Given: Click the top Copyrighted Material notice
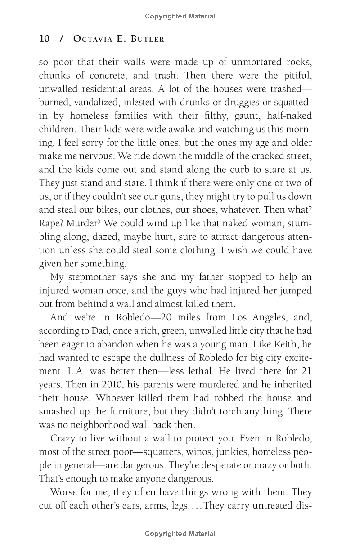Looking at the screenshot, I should pyautogui.click(x=180, y=16).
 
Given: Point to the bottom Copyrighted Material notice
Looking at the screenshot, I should pyautogui.click(x=180, y=534).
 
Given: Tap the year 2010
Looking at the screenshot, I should pyautogui.click(x=119, y=385).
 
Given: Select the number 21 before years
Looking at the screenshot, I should pyautogui.click(x=306, y=371).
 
